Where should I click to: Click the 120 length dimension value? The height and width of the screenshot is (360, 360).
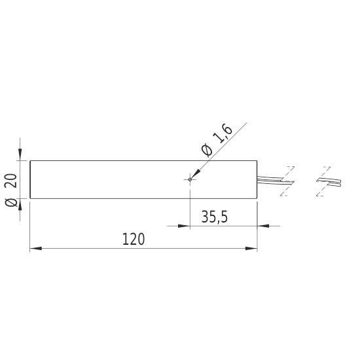coord(134,239)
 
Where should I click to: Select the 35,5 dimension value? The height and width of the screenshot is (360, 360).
coord(214,217)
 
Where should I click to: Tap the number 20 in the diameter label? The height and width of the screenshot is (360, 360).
coord(10,179)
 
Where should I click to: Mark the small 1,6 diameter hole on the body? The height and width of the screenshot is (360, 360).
coord(190,179)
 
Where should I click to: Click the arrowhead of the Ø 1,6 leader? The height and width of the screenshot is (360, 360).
coord(194,175)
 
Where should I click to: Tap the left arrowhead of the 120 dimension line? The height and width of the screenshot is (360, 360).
coord(36,249)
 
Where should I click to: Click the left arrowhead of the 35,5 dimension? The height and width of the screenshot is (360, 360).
coord(184,226)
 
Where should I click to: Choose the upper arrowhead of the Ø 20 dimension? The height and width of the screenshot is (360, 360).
coord(21,155)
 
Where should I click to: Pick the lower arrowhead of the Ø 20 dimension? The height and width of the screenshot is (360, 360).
coord(21,204)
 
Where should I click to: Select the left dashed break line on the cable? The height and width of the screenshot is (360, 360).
coord(287,181)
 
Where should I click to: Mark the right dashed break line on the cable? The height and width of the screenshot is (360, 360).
coord(319,181)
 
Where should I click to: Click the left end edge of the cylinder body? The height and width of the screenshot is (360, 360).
coord(30,179)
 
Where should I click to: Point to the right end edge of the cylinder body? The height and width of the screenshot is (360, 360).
coord(257,179)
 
